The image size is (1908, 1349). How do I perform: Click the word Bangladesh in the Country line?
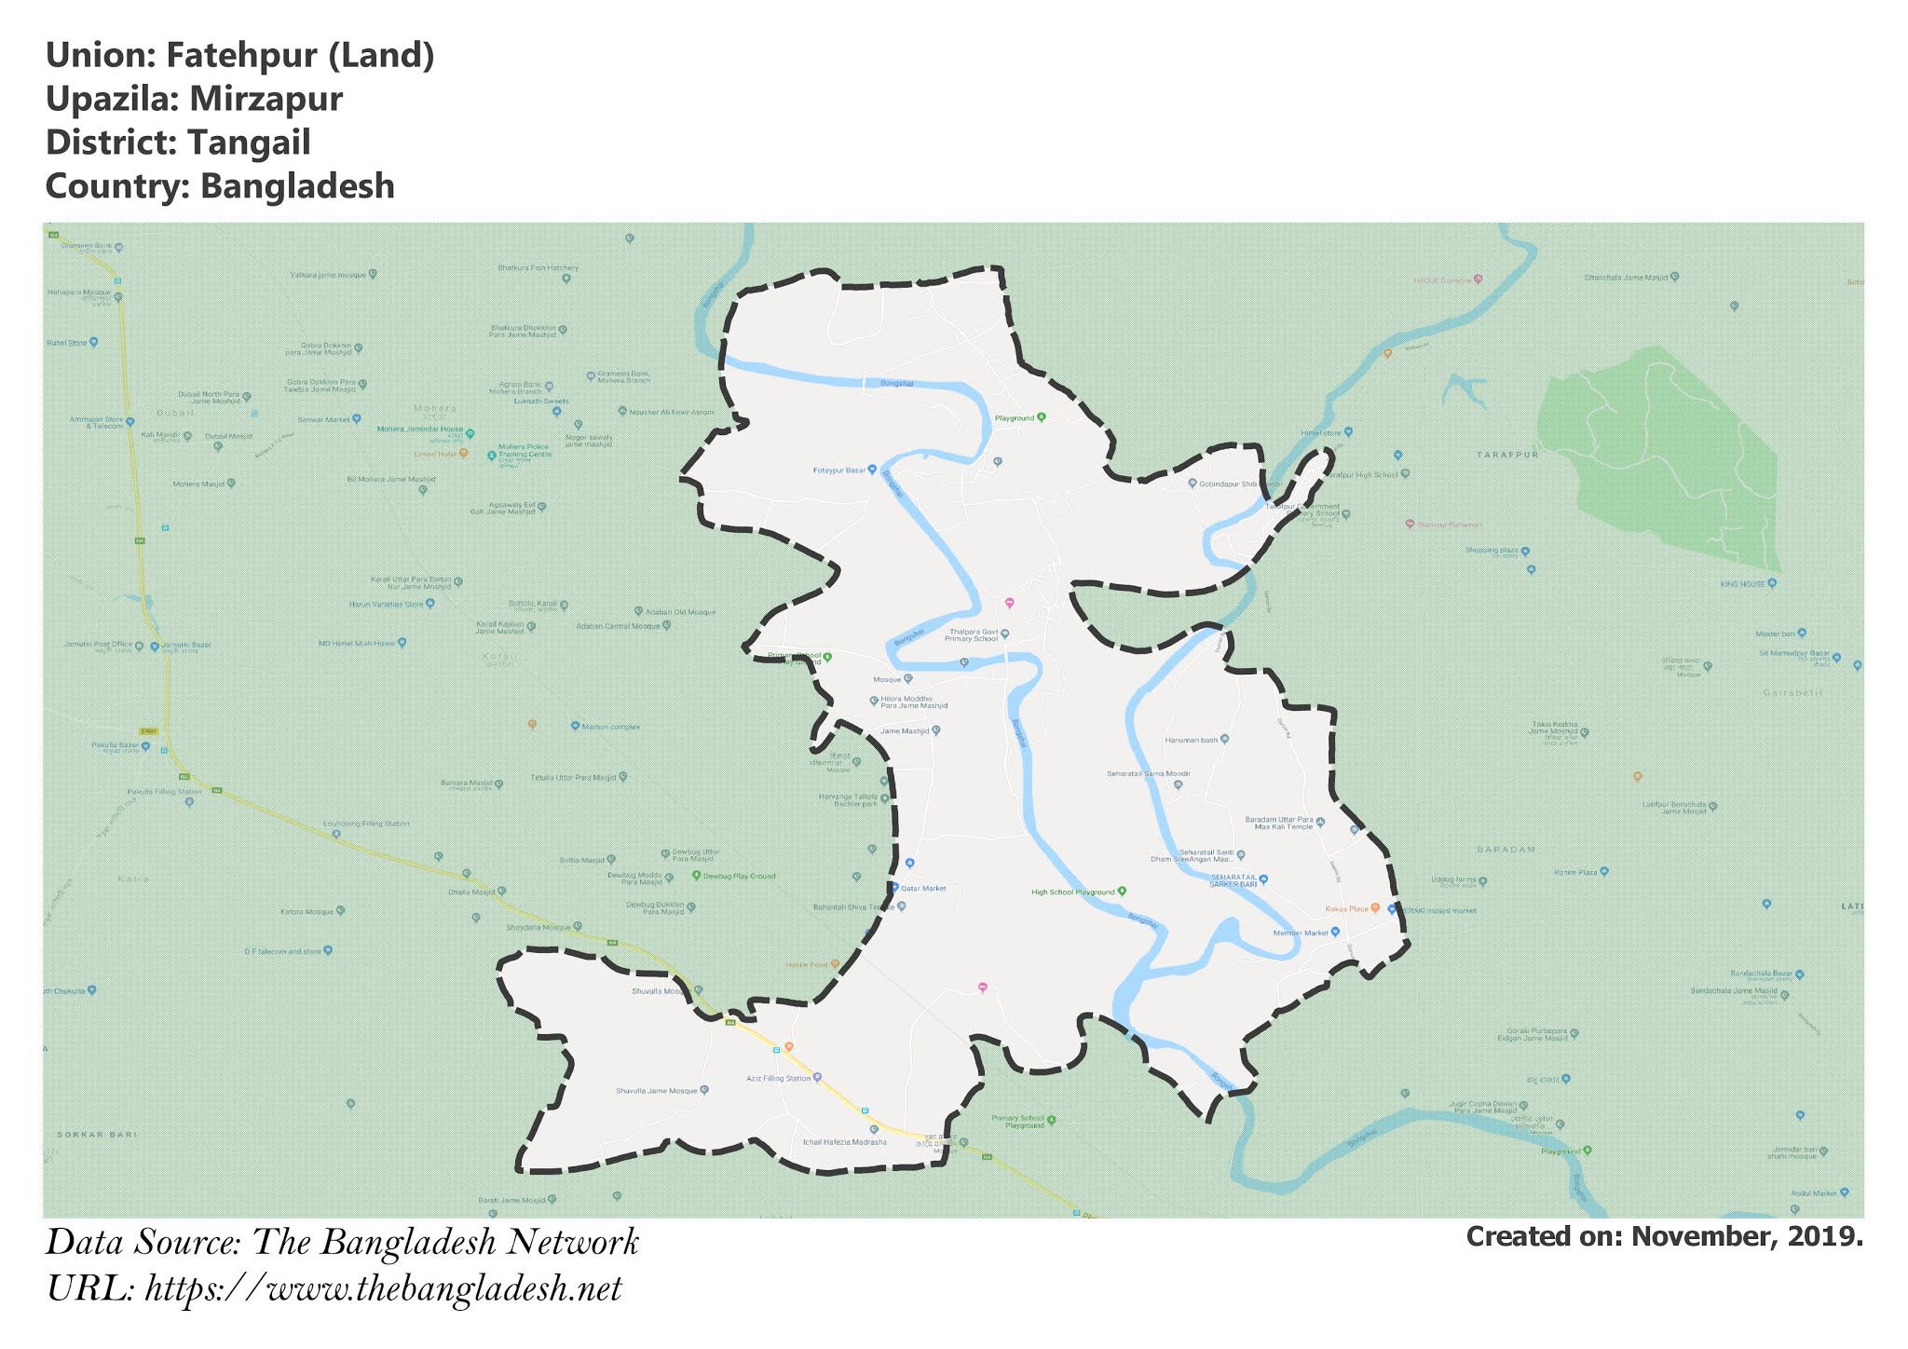[297, 186]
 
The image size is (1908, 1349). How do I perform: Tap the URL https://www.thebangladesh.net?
[383, 1289]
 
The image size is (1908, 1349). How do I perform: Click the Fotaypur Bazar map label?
[839, 470]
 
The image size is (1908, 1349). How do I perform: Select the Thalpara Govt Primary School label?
[972, 635]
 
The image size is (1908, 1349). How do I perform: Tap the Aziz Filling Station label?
[779, 1078]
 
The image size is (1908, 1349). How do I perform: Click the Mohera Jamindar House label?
[420, 430]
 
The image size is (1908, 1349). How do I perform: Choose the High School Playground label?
[1073, 893]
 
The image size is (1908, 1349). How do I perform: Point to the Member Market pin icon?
[1335, 932]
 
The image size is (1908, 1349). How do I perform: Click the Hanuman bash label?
[1192, 740]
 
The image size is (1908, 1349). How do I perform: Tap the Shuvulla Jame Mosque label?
[657, 1091]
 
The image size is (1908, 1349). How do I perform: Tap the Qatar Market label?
[922, 889]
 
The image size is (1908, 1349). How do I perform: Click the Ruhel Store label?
[67, 343]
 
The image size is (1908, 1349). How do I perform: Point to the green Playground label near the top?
[1015, 418]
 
